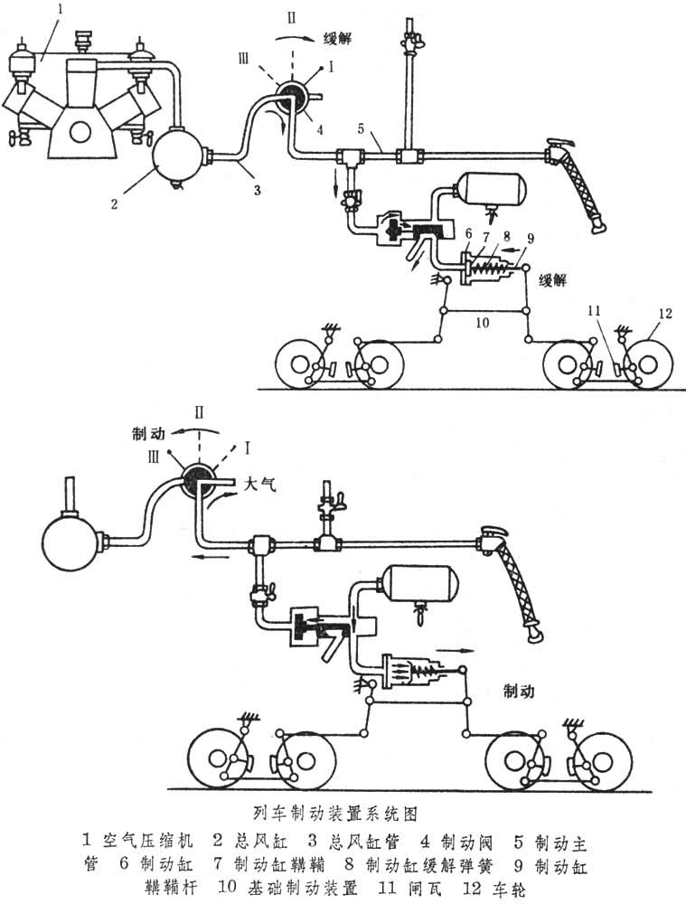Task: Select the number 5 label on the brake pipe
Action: point(360,129)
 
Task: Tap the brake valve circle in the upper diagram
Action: point(293,97)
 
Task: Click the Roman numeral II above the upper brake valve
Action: point(290,16)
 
